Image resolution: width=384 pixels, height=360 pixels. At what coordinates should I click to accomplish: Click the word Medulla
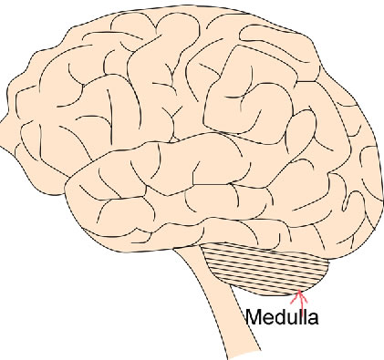(x=282, y=319)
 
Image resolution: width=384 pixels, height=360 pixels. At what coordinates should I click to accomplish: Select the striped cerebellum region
(x=269, y=268)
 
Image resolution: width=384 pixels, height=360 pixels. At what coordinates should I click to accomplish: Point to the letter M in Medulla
(x=254, y=319)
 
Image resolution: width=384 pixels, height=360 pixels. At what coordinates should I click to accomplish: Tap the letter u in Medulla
(x=290, y=320)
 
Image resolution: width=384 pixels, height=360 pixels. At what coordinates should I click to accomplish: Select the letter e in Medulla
(x=267, y=320)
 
